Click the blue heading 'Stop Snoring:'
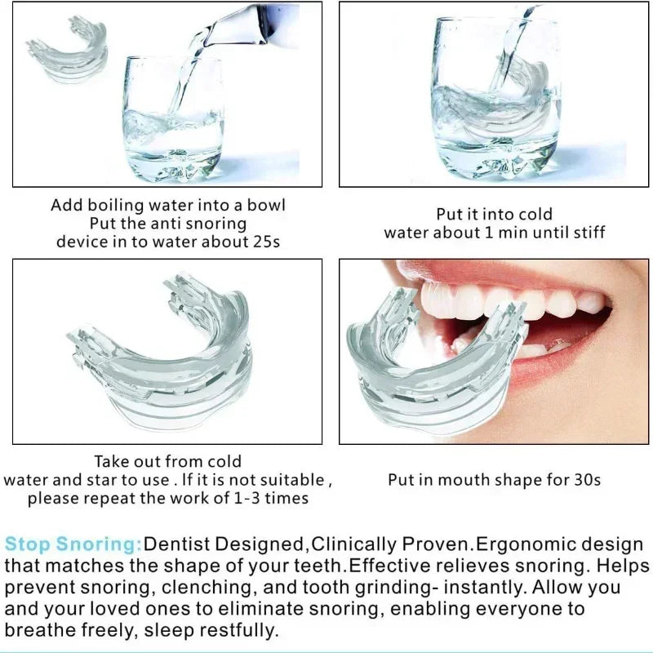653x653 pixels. [x=73, y=544]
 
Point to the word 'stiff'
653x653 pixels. [x=589, y=232]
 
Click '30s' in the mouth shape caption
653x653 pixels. [x=587, y=480]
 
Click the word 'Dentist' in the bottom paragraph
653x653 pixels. [x=177, y=544]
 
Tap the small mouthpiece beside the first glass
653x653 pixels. [x=69, y=49]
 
